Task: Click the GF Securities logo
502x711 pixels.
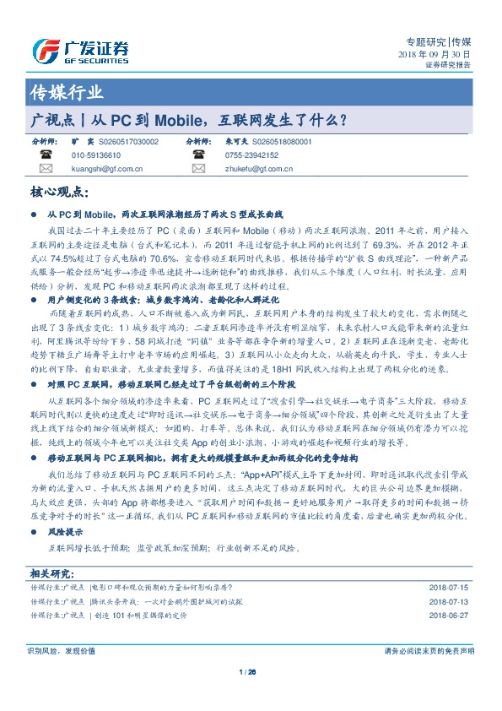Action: point(80,51)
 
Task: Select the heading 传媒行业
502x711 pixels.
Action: point(67,92)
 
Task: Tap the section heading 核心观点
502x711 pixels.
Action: point(64,192)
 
